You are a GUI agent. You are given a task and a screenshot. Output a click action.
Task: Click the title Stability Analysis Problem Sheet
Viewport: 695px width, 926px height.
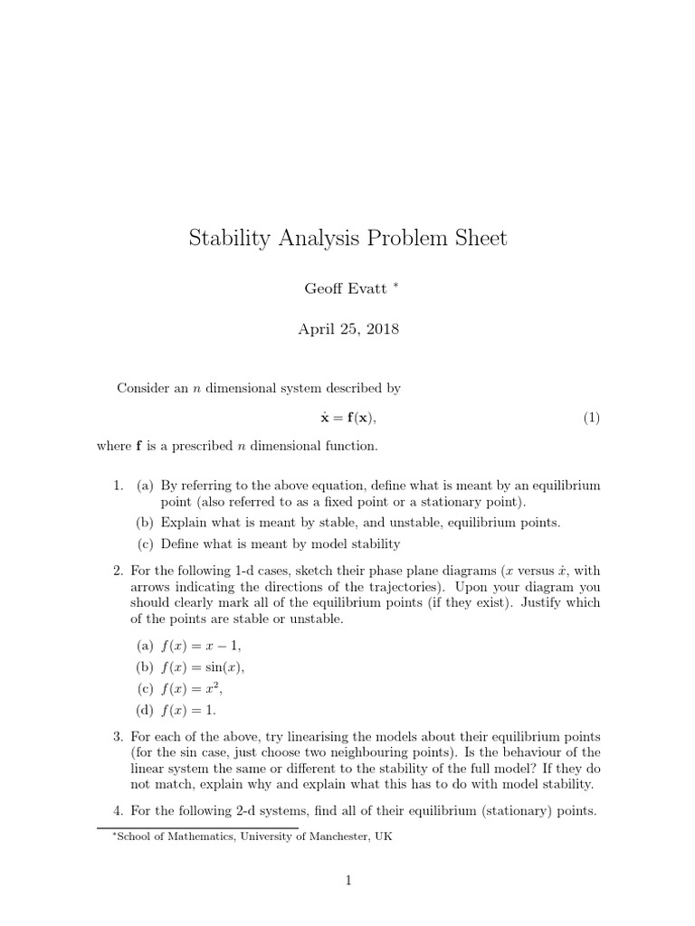point(347,238)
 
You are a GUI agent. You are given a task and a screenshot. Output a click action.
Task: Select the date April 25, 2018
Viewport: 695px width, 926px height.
point(347,329)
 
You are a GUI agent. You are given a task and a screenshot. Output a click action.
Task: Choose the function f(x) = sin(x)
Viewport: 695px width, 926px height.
point(203,667)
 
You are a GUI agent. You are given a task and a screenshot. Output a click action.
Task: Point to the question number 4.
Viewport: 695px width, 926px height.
point(118,811)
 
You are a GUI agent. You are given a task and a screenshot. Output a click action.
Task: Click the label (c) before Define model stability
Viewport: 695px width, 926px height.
point(145,543)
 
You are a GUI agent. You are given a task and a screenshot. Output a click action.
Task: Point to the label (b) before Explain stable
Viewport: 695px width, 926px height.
point(145,523)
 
